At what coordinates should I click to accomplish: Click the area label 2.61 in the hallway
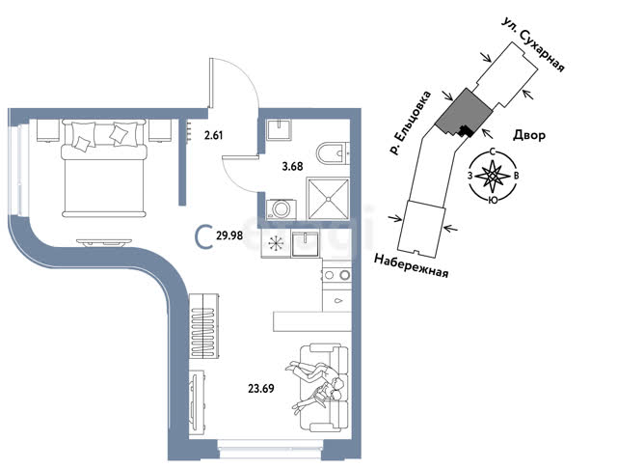point(214,135)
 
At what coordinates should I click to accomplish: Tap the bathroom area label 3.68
point(293,167)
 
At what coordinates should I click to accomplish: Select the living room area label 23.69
point(261,389)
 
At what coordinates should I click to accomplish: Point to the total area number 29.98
point(229,235)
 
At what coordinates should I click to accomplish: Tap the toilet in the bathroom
point(333,153)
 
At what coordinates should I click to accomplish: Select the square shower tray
point(328,199)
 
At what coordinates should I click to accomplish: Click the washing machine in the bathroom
point(282,208)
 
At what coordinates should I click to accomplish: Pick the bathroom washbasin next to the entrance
point(279,129)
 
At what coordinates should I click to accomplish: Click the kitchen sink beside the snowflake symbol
point(306,243)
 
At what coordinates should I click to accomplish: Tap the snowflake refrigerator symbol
point(276,243)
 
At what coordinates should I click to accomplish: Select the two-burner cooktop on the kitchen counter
point(336,275)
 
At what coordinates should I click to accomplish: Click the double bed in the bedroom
point(104,169)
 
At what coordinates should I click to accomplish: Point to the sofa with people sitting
point(325,388)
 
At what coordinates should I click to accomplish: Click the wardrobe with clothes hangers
point(203,326)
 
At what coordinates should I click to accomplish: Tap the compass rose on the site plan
point(493,176)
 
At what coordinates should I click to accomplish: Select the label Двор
point(529,135)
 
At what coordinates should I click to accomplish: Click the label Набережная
point(412,265)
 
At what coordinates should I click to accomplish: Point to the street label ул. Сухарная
point(533,44)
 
